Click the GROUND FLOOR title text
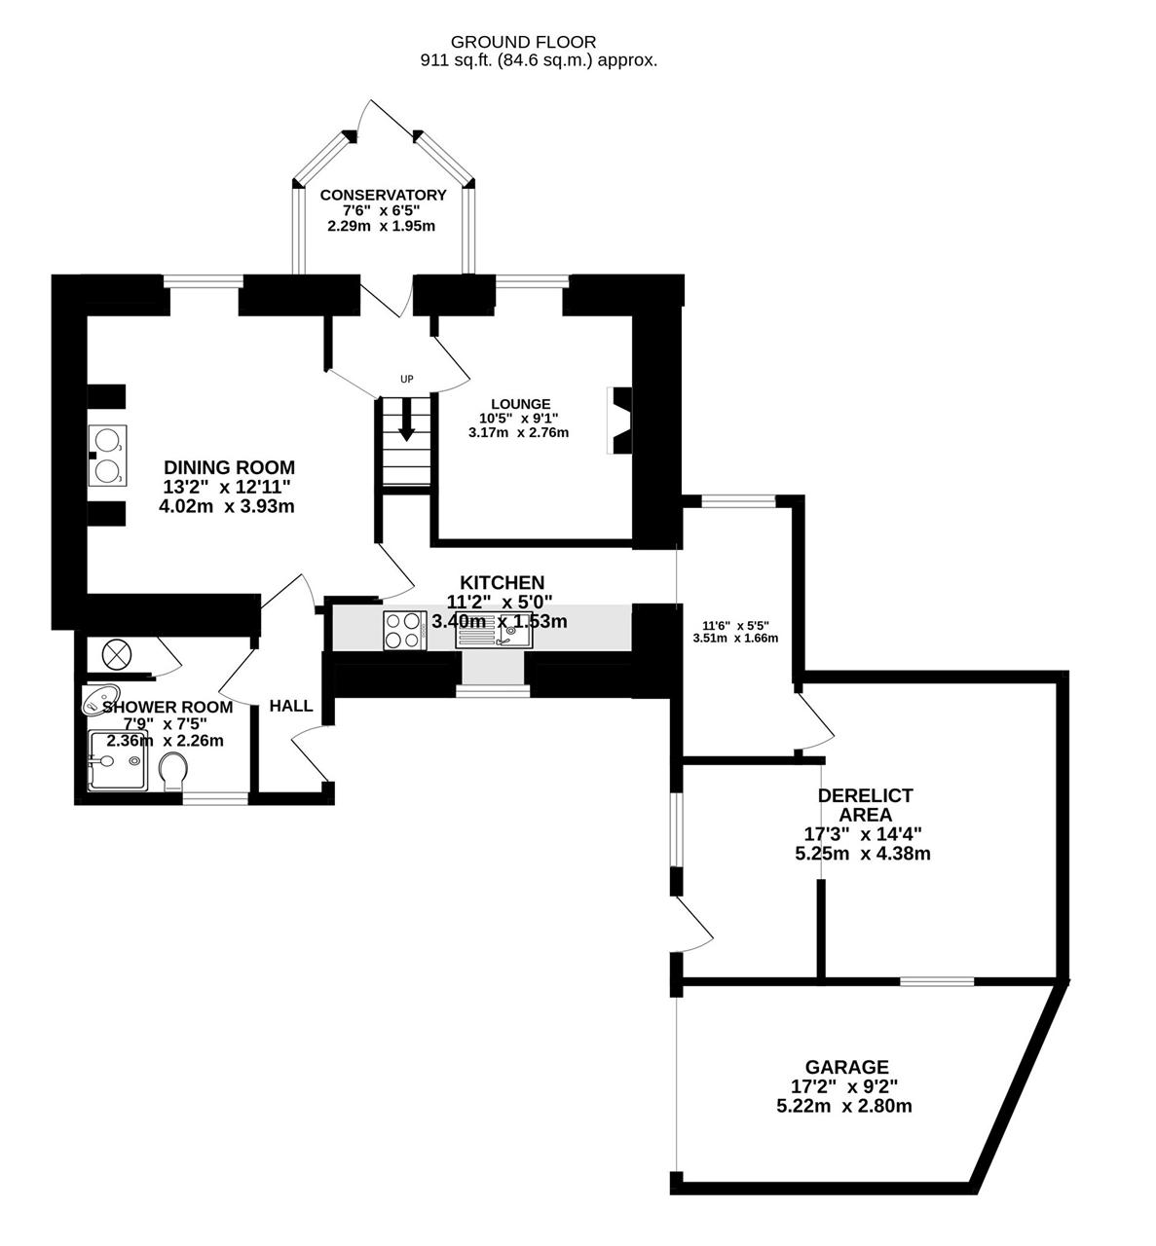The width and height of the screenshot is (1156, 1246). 523,42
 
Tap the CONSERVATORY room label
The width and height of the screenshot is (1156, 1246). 383,195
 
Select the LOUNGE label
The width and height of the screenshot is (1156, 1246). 521,404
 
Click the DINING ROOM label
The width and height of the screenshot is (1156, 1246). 229,467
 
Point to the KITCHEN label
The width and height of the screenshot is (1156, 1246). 503,582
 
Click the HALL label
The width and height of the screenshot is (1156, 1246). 291,706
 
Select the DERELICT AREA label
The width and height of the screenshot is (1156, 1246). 865,805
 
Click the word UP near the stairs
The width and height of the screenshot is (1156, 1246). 407,379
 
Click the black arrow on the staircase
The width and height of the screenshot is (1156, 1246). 407,419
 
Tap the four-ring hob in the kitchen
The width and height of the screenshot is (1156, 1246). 403,630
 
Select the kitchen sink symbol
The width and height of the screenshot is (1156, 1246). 494,630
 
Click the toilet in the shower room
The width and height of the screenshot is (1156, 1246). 172,771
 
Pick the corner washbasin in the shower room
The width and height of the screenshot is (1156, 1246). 100,699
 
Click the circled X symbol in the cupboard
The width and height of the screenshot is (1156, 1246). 117,655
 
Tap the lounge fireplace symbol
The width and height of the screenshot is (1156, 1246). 619,421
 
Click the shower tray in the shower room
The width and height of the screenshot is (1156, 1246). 118,760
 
